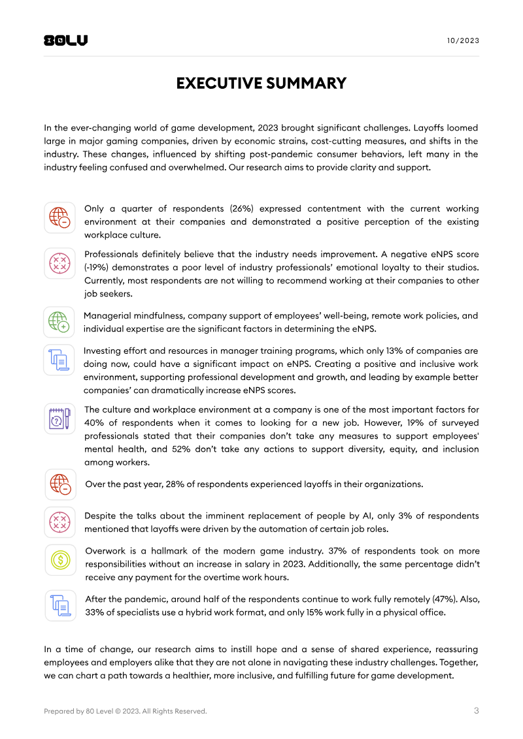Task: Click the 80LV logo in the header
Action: (65, 40)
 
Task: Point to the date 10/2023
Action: (463, 40)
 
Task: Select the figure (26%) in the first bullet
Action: (242, 209)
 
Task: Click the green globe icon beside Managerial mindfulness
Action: (59, 321)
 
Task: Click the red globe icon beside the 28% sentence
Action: (59, 484)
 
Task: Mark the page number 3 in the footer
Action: (476, 711)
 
